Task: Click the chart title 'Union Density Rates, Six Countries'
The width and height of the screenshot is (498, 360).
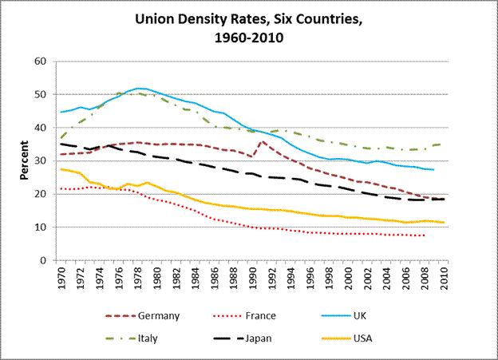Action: pyautogui.click(x=248, y=22)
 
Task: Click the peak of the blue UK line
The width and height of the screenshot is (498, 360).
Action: pyautogui.click(x=141, y=88)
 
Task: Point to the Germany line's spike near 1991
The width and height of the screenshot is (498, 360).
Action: pyautogui.click(x=263, y=141)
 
